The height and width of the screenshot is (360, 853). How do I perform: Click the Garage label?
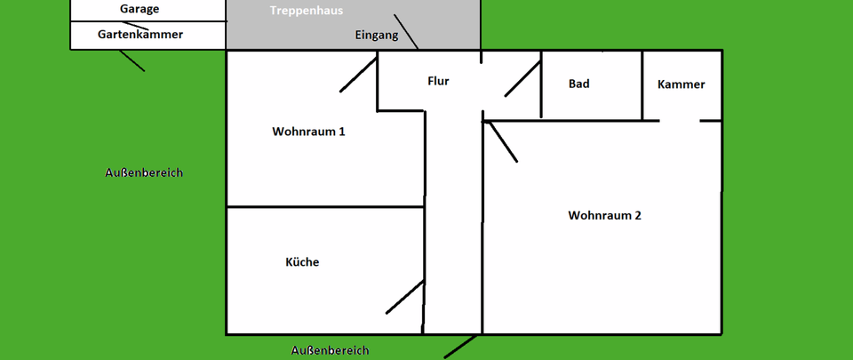(140, 9)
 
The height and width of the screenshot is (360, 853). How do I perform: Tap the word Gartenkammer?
(140, 35)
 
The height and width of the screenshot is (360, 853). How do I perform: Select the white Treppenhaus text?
(307, 11)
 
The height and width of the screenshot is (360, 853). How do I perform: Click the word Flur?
(438, 81)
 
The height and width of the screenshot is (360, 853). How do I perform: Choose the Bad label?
(579, 84)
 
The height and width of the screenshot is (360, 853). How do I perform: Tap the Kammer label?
(682, 84)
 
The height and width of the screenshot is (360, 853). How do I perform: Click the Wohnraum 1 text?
(308, 132)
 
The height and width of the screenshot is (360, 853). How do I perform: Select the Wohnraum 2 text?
(604, 215)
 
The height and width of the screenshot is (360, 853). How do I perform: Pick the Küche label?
(302, 262)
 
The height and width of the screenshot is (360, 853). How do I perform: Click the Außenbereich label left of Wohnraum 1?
(144, 172)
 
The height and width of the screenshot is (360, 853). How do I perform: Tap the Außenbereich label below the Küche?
(330, 350)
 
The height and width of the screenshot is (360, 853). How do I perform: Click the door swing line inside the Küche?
(404, 297)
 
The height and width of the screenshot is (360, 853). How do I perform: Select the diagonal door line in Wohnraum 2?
(502, 142)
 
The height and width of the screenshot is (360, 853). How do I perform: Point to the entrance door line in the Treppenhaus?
(405, 31)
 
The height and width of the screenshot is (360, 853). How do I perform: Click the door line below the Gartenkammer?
(132, 60)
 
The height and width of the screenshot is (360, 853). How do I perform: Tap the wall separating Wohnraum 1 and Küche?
(324, 207)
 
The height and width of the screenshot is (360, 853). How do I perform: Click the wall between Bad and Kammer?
(642, 84)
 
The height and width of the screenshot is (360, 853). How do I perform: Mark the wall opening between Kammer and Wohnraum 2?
(680, 120)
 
